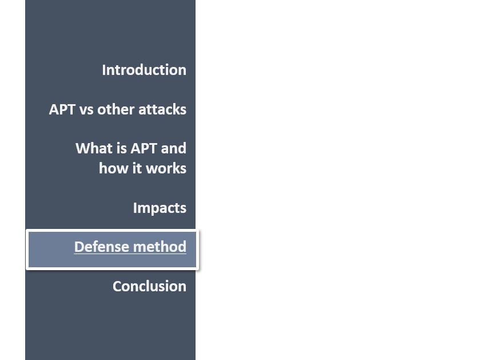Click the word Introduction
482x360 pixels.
[144, 70]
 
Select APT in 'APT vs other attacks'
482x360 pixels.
[62, 109]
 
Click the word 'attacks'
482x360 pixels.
[162, 109]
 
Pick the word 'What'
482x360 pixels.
[94, 148]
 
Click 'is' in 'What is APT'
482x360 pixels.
[122, 148]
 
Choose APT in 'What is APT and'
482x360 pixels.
[144, 148]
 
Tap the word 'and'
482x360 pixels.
[174, 148]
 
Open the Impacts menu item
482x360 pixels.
[160, 208]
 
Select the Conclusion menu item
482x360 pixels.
[149, 286]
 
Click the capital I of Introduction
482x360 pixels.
[104, 70]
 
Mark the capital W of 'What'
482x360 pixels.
[83, 148]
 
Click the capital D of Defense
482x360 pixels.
[79, 247]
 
